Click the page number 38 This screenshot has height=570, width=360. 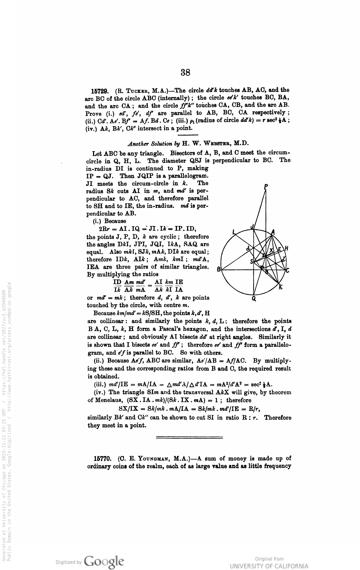click(x=185, y=72)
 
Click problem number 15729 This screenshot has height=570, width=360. click(x=100, y=91)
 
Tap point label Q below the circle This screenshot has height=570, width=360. click(x=254, y=299)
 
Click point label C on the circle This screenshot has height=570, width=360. click(x=288, y=270)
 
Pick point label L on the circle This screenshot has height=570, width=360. click(x=234, y=232)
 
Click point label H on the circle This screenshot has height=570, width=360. click(x=287, y=248)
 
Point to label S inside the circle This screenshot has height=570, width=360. click(x=251, y=261)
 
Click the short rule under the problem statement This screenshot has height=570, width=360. click(x=188, y=135)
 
